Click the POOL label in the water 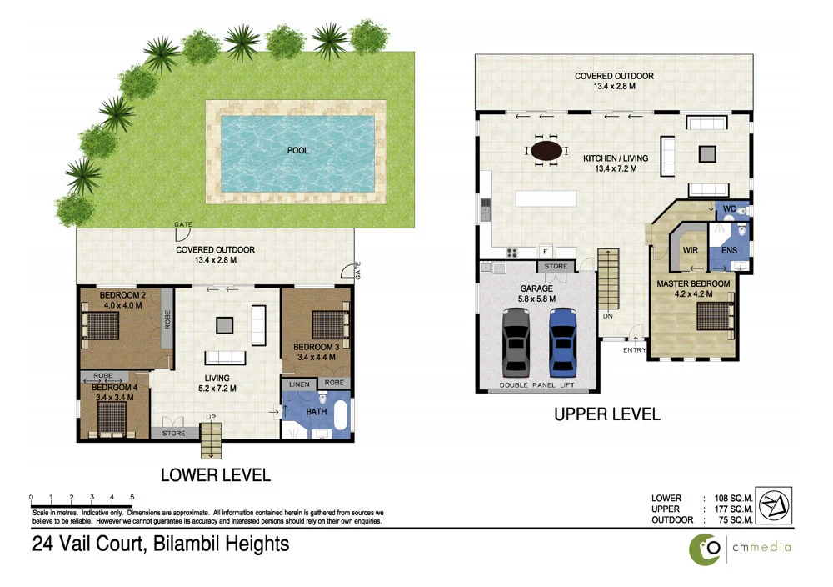tap(297, 151)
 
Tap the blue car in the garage tap(562, 342)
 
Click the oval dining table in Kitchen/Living tap(546, 151)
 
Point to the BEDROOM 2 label tap(123, 295)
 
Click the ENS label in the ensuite tap(730, 249)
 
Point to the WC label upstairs tap(728, 208)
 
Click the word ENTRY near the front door tap(634, 350)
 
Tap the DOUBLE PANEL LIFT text tap(536, 386)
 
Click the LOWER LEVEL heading tap(215, 475)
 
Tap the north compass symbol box tap(775, 505)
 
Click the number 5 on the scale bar tap(132, 496)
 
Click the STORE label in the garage tap(556, 267)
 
